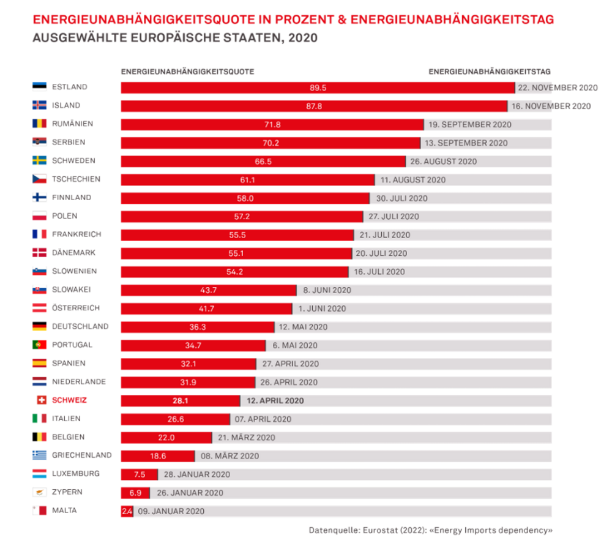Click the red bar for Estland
click(x=318, y=88)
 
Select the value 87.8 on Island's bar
click(x=315, y=106)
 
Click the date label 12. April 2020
click(x=275, y=400)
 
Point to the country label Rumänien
click(x=73, y=124)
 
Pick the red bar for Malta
click(x=127, y=511)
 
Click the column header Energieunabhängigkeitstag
click(x=490, y=72)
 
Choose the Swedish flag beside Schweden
click(x=39, y=160)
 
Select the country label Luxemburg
click(x=76, y=474)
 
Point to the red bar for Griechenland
click(x=158, y=455)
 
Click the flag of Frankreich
click(x=39, y=234)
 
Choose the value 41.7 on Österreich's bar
click(x=206, y=309)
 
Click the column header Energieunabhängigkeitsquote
click(x=187, y=72)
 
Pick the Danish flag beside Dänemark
click(x=39, y=253)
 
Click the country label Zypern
click(x=67, y=492)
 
